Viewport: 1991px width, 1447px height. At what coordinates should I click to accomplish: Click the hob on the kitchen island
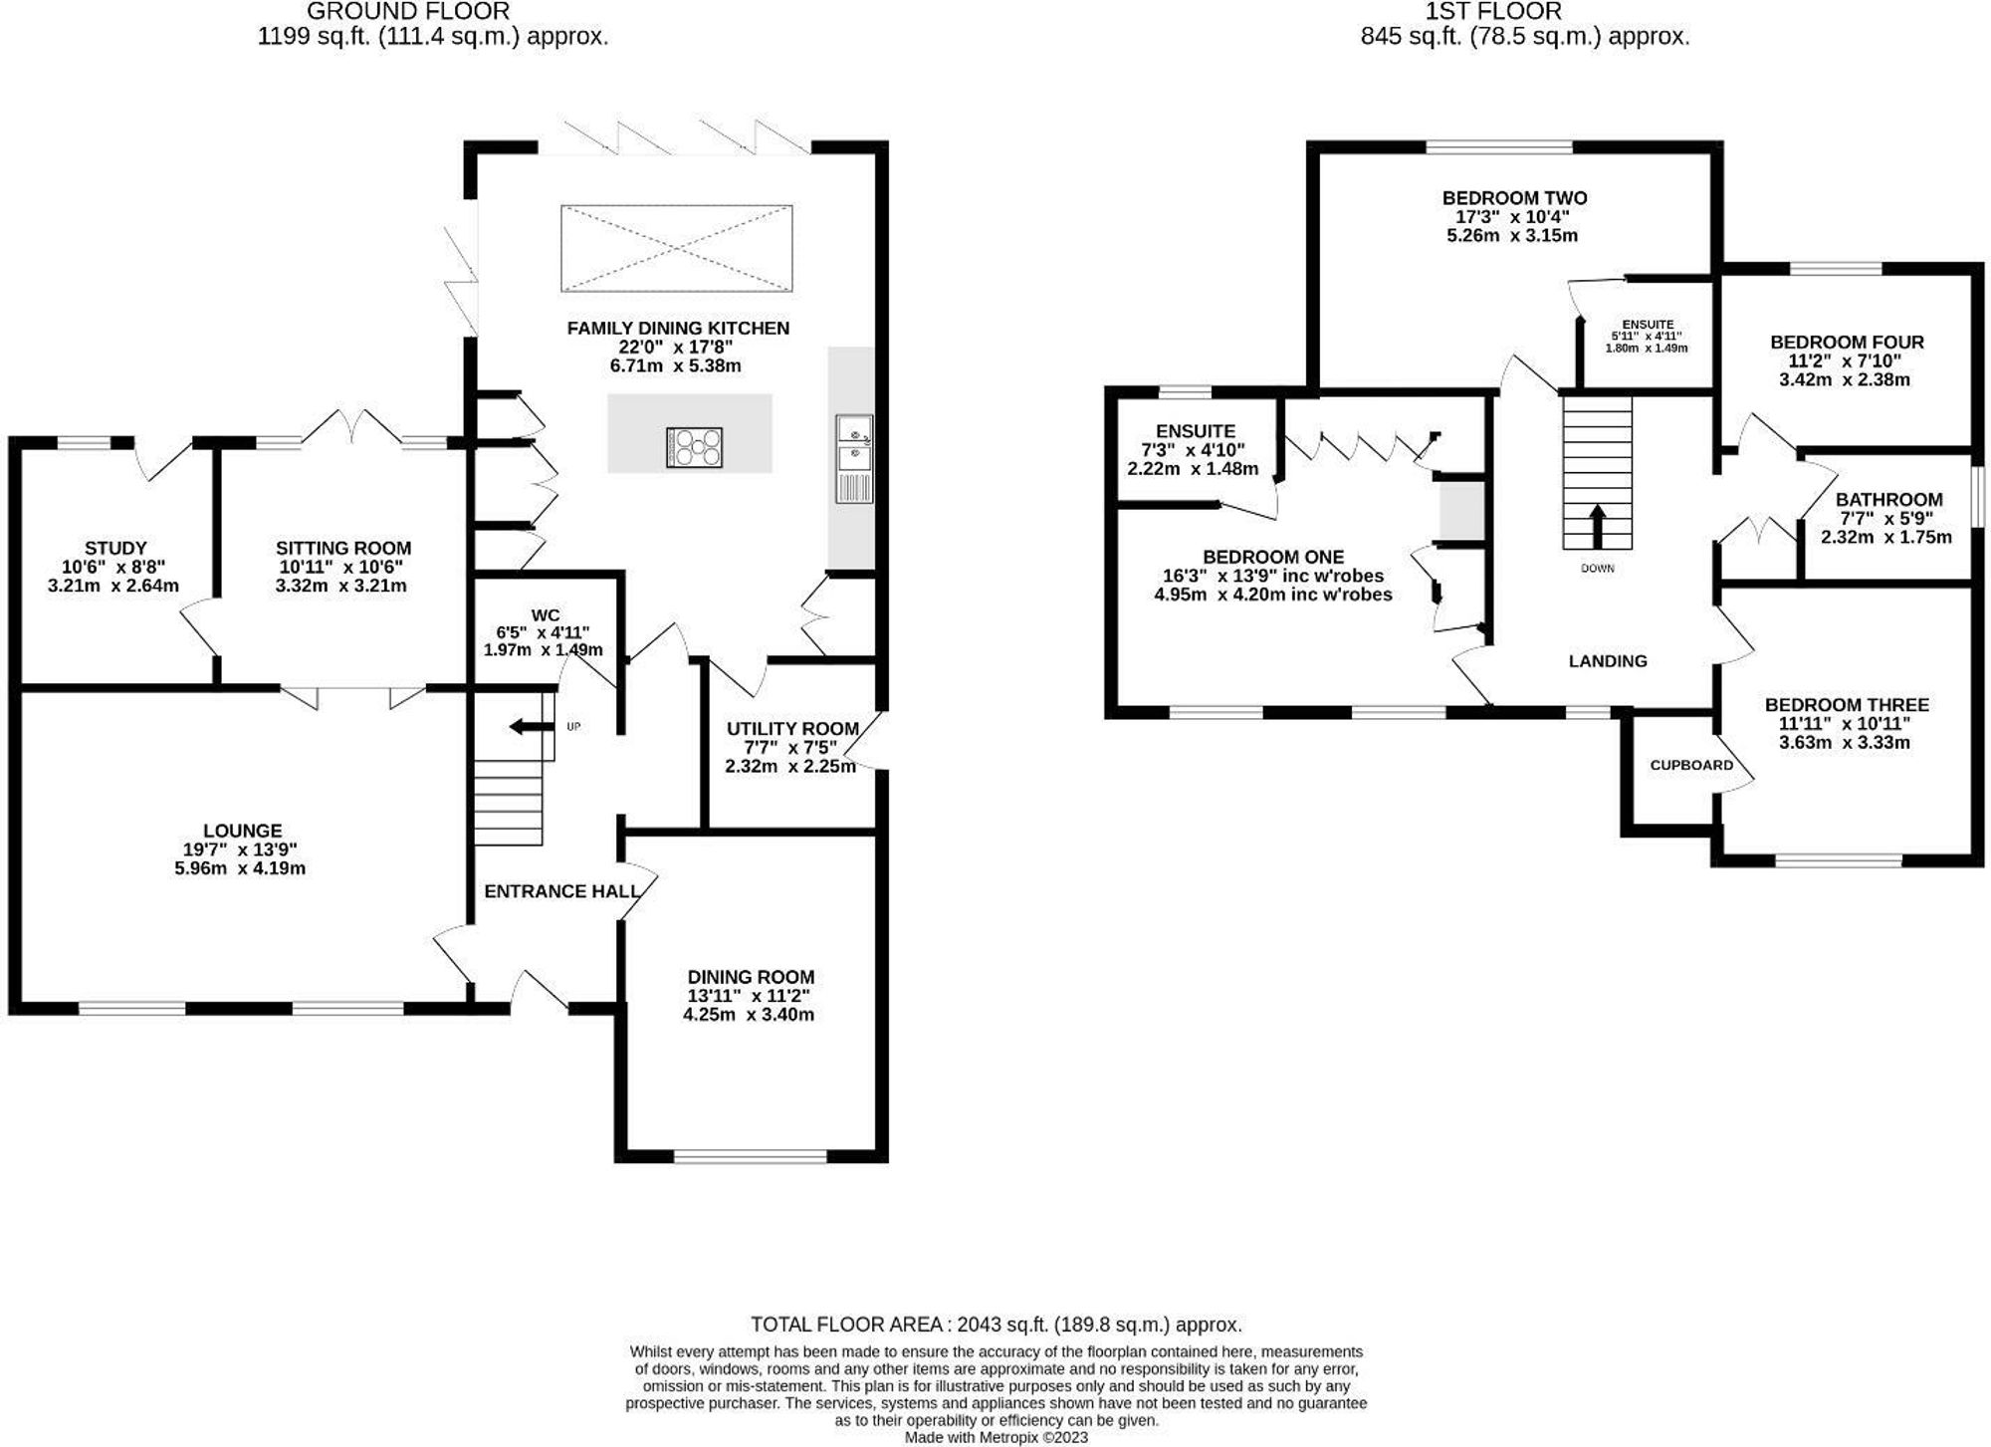click(x=694, y=446)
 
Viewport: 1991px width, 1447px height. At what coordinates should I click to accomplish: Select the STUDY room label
click(x=115, y=548)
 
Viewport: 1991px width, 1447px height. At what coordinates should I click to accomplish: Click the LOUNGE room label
click(x=242, y=831)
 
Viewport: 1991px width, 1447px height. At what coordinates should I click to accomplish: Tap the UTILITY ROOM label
click(x=792, y=729)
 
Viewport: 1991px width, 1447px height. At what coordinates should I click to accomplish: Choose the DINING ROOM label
click(x=751, y=977)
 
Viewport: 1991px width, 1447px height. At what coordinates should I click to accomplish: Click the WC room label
click(x=546, y=614)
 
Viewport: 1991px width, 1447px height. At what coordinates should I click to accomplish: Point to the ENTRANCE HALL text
click(x=561, y=891)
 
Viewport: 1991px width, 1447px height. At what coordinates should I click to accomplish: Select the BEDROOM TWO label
click(x=1514, y=198)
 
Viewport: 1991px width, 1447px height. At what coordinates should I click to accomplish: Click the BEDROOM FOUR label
click(x=1847, y=343)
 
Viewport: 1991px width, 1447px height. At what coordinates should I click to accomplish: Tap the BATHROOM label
click(x=1888, y=500)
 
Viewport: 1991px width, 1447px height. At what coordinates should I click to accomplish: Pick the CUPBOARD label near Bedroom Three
click(x=1691, y=766)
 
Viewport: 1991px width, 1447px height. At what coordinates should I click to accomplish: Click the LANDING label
click(x=1608, y=661)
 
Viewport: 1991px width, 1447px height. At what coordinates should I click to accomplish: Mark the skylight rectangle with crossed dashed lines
click(x=677, y=248)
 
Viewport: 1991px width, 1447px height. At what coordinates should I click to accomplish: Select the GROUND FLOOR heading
click(x=408, y=12)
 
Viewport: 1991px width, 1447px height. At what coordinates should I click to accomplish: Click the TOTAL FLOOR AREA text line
click(x=996, y=1325)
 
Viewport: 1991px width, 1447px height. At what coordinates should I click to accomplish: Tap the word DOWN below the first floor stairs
click(x=1597, y=569)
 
